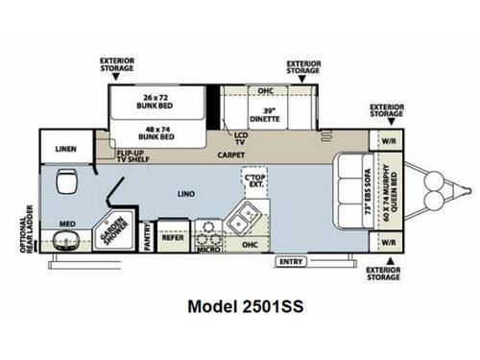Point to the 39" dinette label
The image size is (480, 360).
click(266, 115)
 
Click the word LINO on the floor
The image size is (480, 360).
click(186, 195)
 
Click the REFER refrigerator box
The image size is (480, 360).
click(172, 235)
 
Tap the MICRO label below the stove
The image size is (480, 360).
click(205, 248)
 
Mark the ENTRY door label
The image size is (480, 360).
click(291, 261)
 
